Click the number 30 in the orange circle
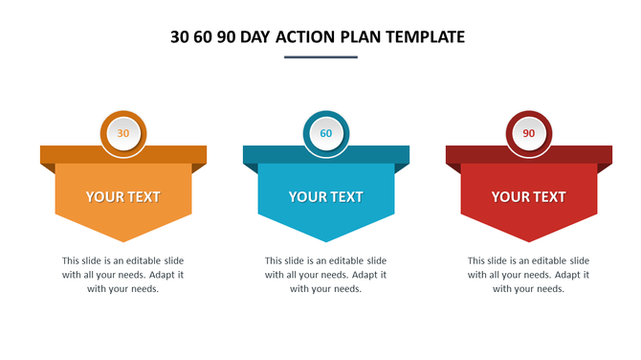[x=123, y=134]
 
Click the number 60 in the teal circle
[x=326, y=134]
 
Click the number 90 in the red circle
[x=529, y=134]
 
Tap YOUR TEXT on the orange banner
[x=123, y=197]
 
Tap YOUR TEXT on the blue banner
[x=326, y=197]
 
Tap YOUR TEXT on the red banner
[x=529, y=197]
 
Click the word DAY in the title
[x=251, y=37]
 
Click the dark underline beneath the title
[x=320, y=57]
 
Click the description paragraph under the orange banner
[x=123, y=275]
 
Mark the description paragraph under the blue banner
[x=326, y=275]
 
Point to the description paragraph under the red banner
[x=529, y=275]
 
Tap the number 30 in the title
[x=180, y=37]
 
